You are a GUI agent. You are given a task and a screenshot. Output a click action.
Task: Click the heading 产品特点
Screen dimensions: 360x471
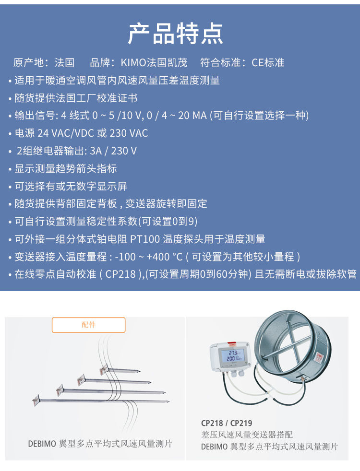click(x=176, y=34)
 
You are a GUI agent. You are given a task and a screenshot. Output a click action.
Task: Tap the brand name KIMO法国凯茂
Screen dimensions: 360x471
click(x=154, y=62)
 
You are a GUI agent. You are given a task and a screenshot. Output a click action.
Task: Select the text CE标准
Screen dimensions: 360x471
click(x=268, y=62)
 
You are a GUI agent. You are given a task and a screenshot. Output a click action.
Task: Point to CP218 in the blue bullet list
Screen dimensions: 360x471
click(x=120, y=274)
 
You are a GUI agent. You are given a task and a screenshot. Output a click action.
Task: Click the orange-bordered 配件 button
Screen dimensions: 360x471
click(x=89, y=325)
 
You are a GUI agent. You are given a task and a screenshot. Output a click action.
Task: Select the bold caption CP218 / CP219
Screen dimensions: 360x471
click(x=227, y=423)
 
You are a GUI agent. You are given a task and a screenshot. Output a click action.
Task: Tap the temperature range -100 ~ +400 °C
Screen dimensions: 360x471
click(x=149, y=257)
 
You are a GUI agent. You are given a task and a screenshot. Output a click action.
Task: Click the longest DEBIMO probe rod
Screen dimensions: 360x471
click(x=101, y=400)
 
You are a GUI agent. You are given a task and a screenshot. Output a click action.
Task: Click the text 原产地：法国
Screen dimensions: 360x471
click(x=44, y=62)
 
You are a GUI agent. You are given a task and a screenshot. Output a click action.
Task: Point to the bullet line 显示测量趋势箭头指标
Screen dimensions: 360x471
click(x=65, y=168)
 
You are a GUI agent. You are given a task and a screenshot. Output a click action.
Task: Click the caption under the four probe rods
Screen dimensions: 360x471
click(x=100, y=444)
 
